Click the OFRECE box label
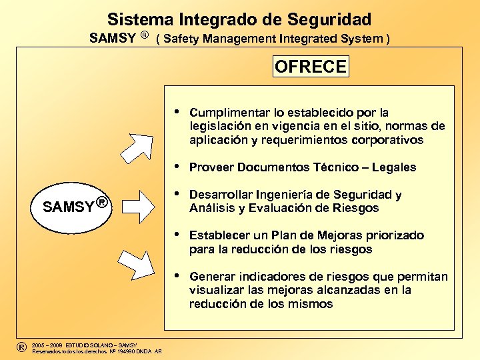[x=311, y=67]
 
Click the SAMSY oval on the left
[x=75, y=207]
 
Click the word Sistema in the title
[x=138, y=20]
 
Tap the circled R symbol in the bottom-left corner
[x=22, y=348]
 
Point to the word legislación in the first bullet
[x=220, y=126]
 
